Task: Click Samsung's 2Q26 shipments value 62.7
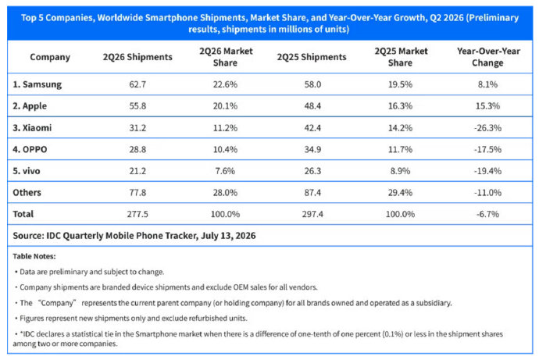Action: (137, 84)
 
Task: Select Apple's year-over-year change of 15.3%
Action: (487, 106)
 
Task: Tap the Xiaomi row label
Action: (32, 128)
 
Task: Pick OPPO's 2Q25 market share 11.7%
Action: (400, 149)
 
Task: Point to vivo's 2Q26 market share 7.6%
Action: (225, 171)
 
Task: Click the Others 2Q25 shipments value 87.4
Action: (312, 193)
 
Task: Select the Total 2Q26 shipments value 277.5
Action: (137, 214)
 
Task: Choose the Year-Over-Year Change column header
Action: (488, 57)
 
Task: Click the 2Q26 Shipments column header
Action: (137, 57)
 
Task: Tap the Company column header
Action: (50, 57)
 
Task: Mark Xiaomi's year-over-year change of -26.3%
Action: (487, 128)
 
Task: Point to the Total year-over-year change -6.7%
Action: (487, 214)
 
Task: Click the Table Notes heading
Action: (34, 256)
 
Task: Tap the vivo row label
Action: (26, 171)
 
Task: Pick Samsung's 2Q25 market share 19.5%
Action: (400, 84)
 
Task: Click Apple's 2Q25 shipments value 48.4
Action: (312, 106)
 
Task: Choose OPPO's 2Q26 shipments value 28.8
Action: (137, 149)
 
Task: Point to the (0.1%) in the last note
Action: (393, 334)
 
